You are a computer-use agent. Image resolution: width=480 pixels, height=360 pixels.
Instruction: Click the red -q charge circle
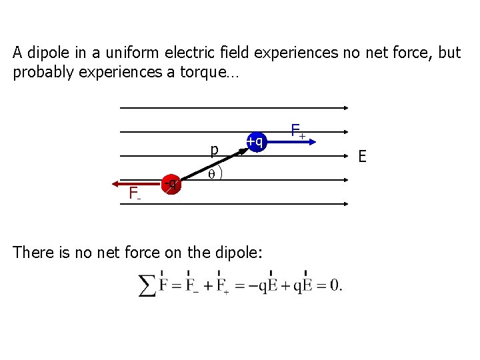pos(172,183)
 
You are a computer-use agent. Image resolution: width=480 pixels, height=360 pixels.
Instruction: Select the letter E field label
pos(362,157)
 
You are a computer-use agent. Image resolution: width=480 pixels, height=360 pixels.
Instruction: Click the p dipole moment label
pos(213,151)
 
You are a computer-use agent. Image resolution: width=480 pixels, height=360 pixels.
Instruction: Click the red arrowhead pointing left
pos(116,183)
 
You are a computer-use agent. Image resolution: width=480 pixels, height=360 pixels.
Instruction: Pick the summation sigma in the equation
pos(147,285)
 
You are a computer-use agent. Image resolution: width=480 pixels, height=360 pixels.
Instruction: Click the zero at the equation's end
pos(335,285)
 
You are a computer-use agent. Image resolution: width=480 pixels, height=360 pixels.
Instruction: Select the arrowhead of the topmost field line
pos(345,109)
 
